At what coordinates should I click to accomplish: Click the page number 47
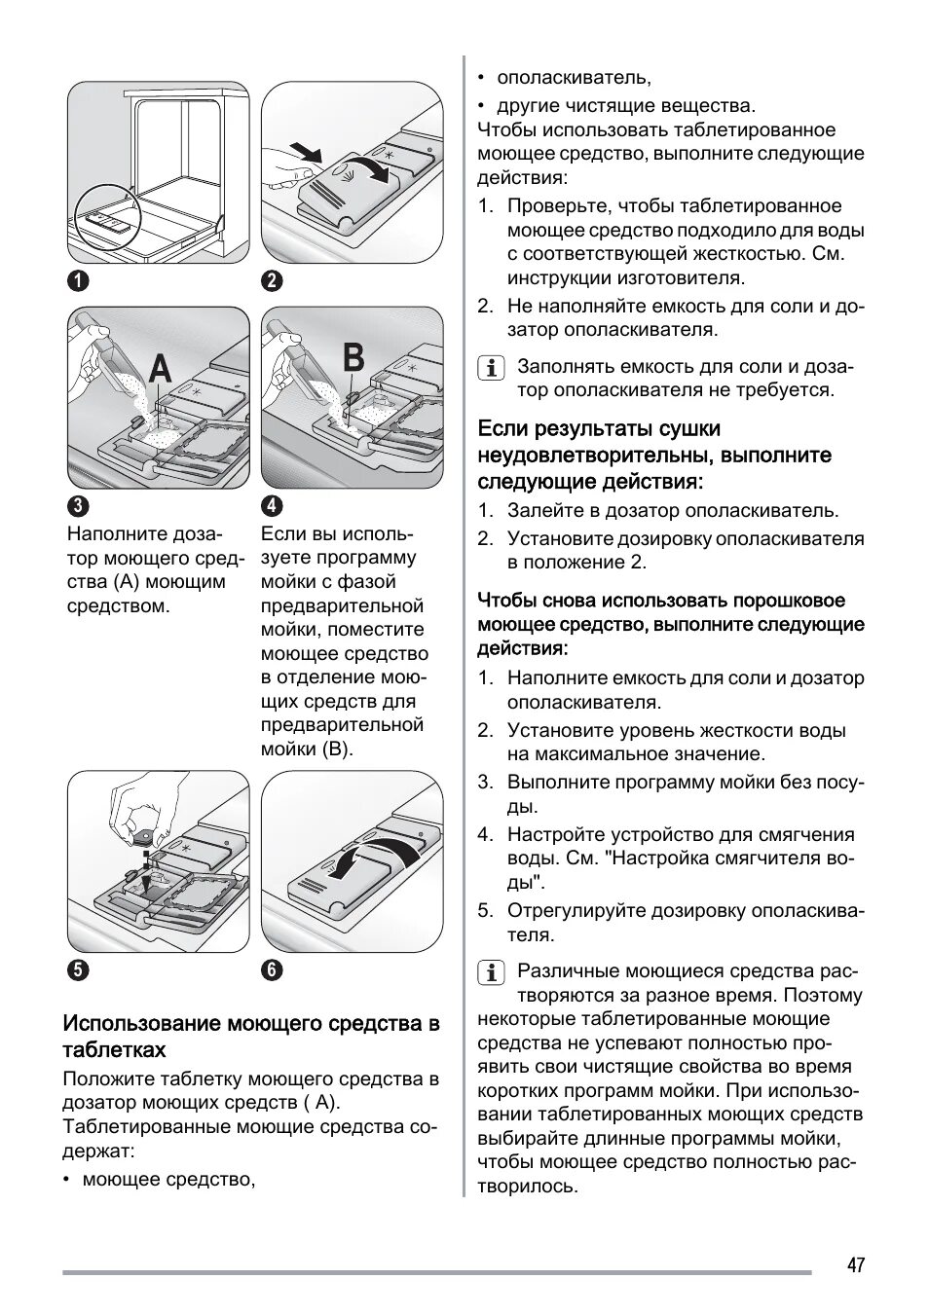(854, 1265)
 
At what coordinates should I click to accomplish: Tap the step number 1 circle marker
(78, 281)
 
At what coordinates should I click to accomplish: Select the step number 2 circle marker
(272, 281)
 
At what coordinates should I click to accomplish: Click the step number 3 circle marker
(78, 506)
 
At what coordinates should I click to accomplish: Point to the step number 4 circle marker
(272, 506)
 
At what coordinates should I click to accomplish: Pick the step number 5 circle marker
(78, 969)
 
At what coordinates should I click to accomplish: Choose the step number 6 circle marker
(272, 969)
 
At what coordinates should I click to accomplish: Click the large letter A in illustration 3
(160, 370)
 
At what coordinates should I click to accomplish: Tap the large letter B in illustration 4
(353, 358)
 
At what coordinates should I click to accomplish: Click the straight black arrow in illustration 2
(306, 152)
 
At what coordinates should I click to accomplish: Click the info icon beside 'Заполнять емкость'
(492, 369)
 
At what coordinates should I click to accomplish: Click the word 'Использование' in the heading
(142, 1023)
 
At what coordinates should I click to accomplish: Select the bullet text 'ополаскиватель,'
(574, 77)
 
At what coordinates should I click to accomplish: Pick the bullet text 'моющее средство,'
(168, 1180)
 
